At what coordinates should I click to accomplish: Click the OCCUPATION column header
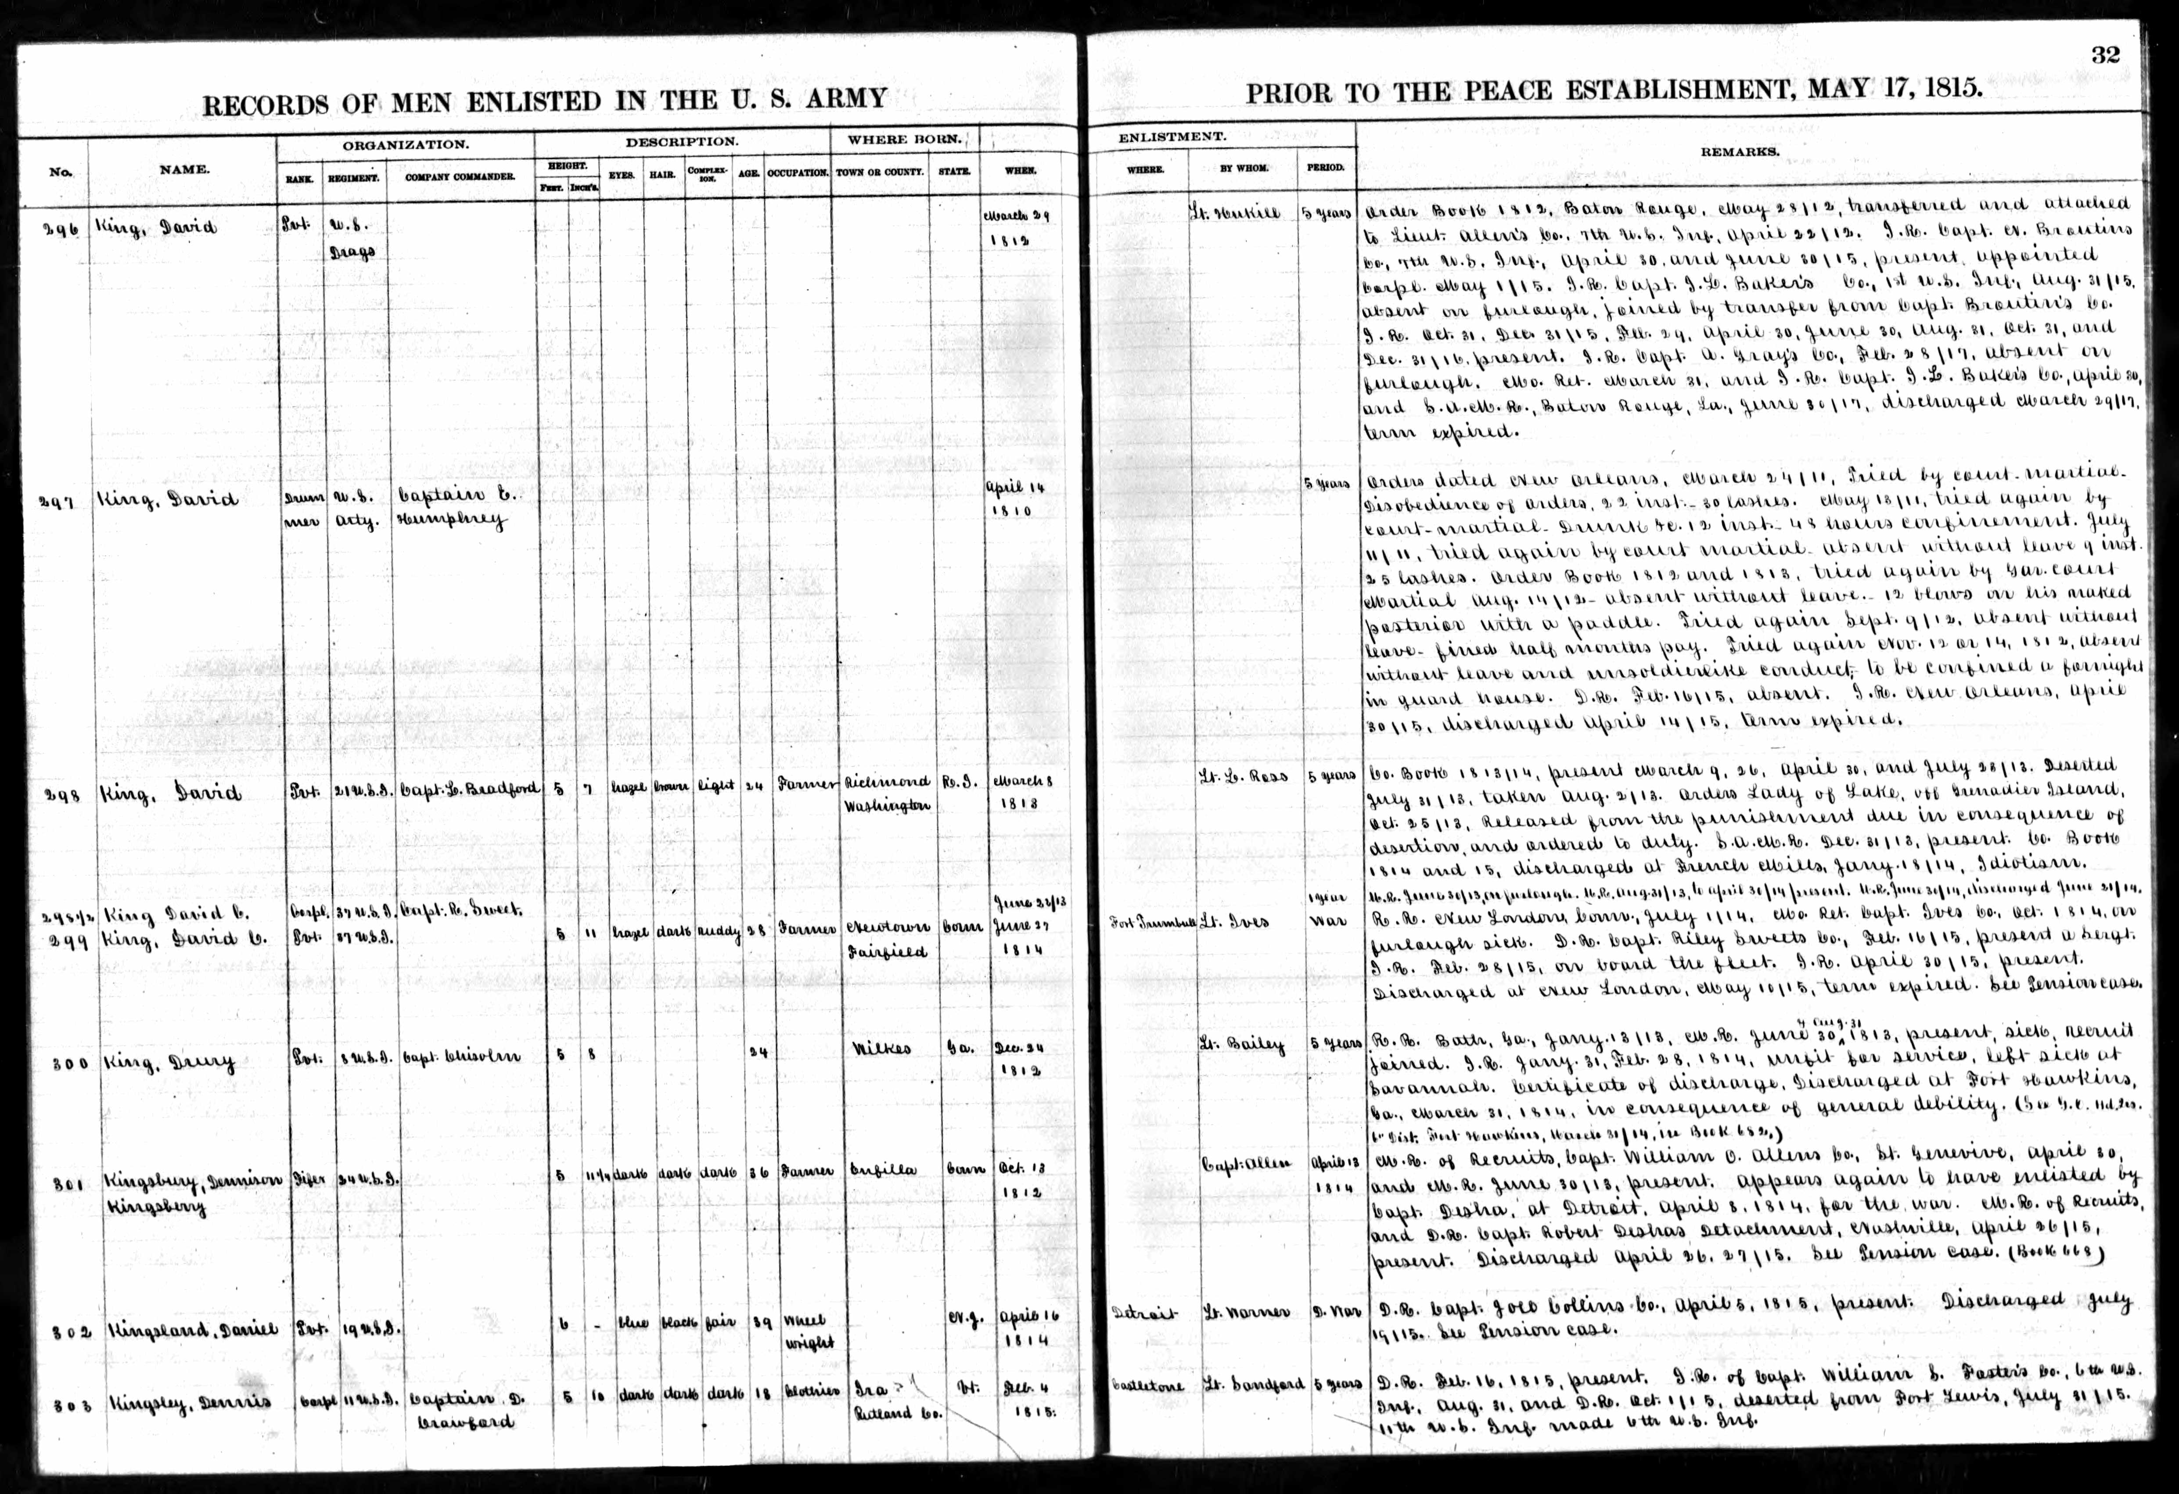[797, 173]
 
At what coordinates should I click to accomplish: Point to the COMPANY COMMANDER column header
[460, 176]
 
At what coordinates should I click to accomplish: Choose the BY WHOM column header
[1244, 169]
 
